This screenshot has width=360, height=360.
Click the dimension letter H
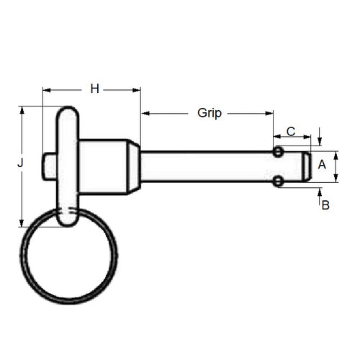click(x=94, y=89)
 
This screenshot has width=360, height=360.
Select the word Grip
click(x=209, y=113)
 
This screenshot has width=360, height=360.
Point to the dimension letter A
click(x=322, y=164)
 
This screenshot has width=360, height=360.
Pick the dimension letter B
click(x=325, y=205)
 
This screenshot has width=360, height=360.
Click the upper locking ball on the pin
click(x=278, y=151)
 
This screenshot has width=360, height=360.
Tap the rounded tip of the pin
click(x=307, y=166)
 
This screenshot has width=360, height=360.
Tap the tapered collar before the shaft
click(x=134, y=166)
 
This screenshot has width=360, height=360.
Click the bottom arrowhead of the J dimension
click(x=22, y=222)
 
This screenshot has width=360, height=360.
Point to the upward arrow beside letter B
click(x=320, y=192)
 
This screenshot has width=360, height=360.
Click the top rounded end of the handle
click(x=67, y=113)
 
